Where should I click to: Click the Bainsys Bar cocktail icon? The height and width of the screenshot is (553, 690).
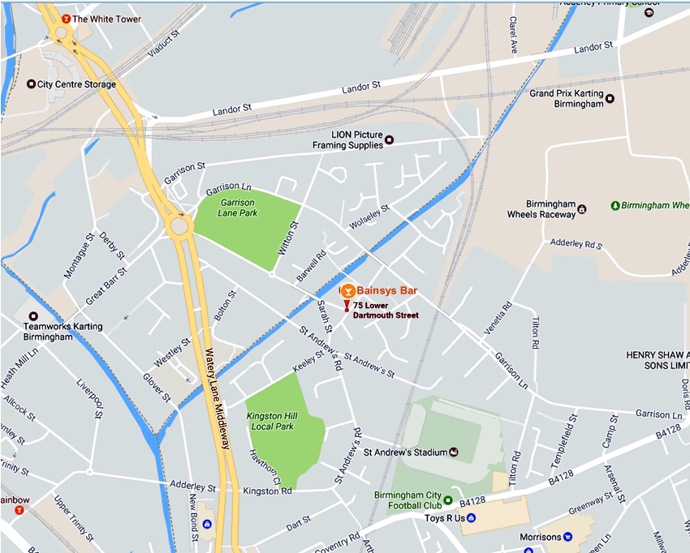(x=347, y=289)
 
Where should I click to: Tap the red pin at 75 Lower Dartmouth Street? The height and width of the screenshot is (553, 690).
(x=347, y=307)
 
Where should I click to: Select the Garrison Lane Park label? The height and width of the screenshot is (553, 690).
(x=236, y=208)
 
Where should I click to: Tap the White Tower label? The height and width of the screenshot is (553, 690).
(x=106, y=19)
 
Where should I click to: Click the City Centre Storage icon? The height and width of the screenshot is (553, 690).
(x=32, y=84)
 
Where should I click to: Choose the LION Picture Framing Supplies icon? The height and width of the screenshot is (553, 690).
(x=389, y=139)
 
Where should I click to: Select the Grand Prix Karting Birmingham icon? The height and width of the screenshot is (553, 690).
(x=610, y=99)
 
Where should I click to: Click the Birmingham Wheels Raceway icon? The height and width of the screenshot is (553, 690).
(x=582, y=214)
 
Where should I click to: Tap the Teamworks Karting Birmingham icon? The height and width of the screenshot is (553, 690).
(x=33, y=316)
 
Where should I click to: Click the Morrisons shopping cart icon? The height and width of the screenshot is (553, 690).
(x=568, y=537)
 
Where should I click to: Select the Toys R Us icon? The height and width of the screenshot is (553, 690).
(x=472, y=517)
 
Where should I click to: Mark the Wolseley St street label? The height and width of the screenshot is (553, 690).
(x=369, y=216)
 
